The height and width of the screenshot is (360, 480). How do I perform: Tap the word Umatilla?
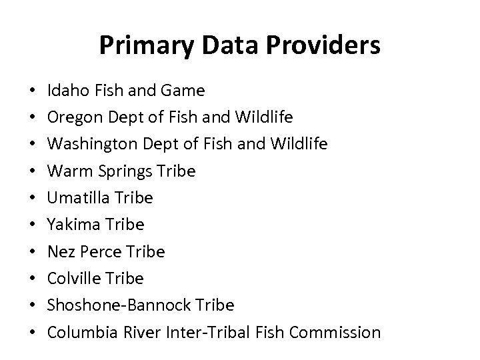[79, 198]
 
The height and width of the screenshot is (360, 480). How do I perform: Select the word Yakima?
[72, 225]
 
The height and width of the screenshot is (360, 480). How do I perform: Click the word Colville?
[73, 278]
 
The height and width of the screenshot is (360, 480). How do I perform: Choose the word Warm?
[68, 171]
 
